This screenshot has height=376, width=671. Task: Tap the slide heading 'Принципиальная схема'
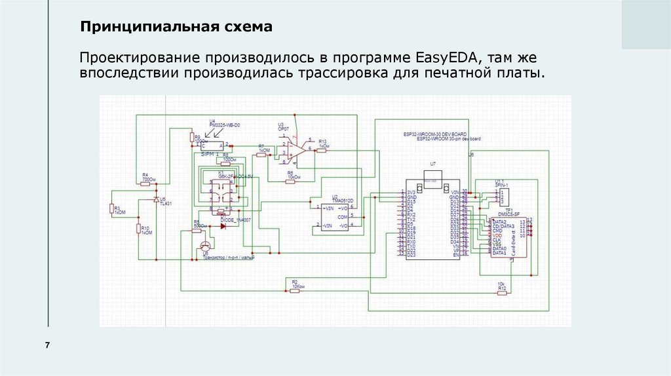175,28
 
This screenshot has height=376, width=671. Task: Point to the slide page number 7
47,345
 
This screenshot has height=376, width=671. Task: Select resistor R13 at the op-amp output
322,150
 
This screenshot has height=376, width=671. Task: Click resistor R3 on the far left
111,209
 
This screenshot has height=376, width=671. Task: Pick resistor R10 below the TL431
138,229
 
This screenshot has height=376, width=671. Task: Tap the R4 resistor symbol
148,183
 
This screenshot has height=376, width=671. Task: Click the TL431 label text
166,203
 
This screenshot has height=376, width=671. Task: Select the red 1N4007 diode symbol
223,226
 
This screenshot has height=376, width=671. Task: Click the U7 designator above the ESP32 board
432,163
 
